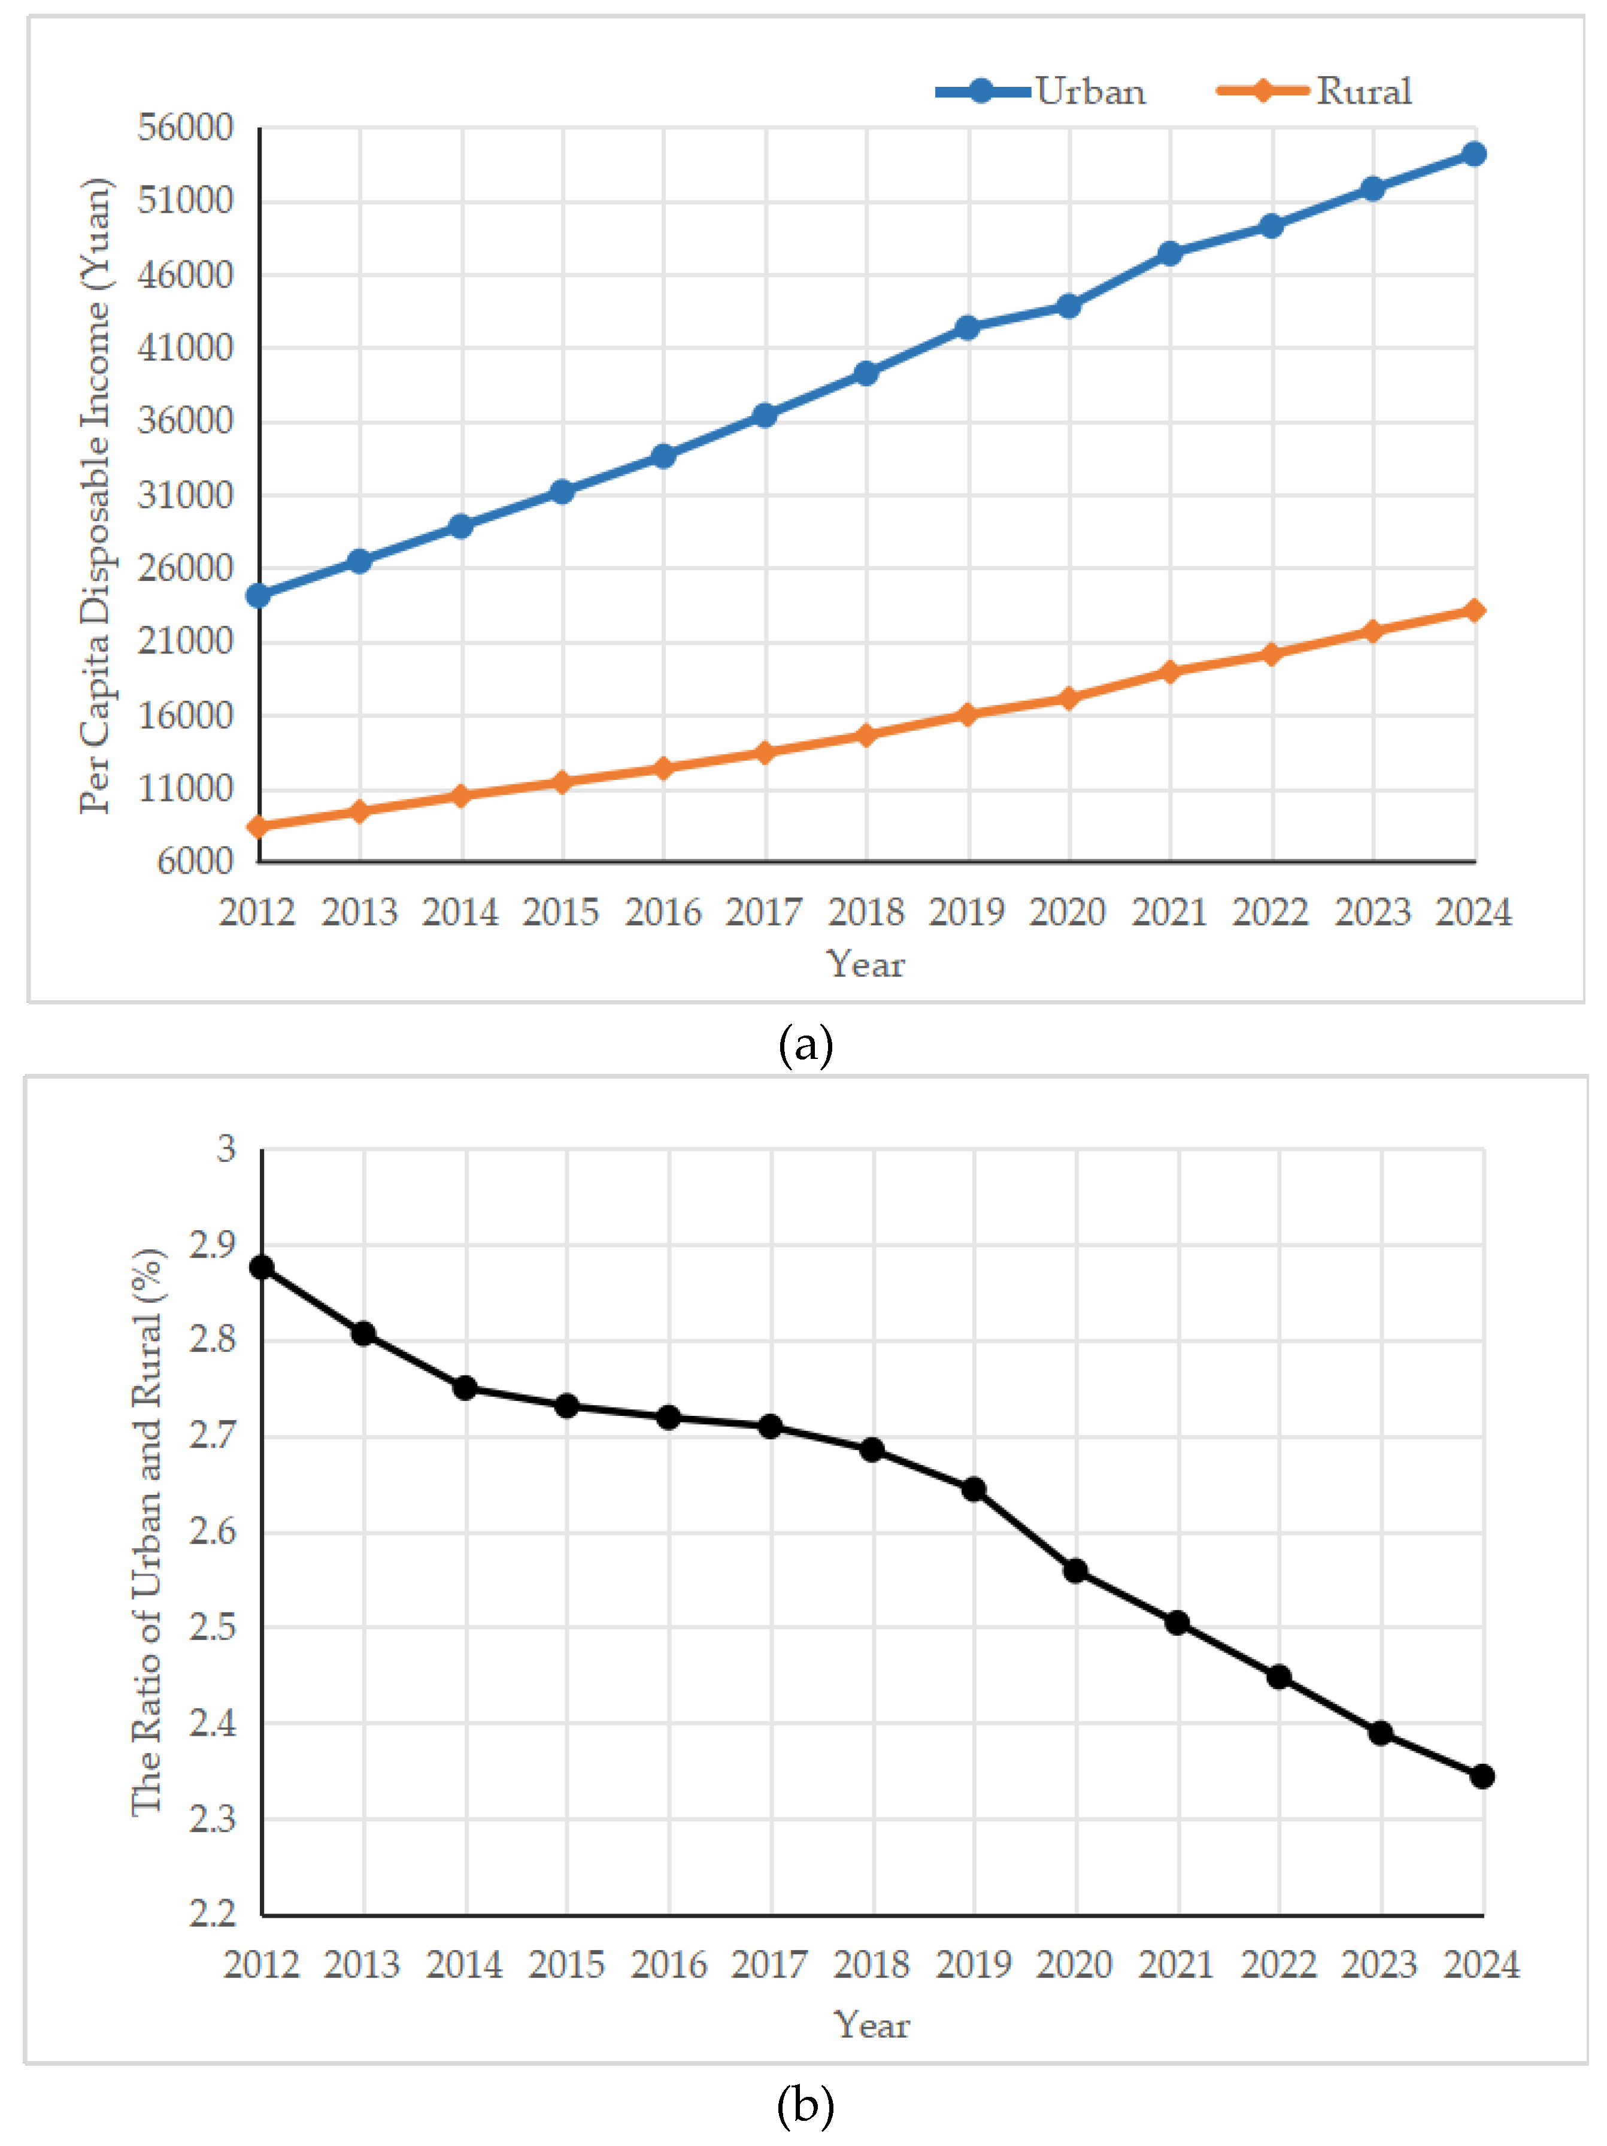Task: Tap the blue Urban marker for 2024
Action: pos(1473,155)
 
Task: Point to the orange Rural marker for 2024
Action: pos(1473,610)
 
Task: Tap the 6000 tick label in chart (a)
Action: pos(195,861)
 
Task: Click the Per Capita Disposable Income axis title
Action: pos(95,495)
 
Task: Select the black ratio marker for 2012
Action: pos(262,1267)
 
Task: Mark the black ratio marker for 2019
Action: pos(974,1489)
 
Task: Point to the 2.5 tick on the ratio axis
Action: pos(213,1627)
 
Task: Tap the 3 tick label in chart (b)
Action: pos(226,1149)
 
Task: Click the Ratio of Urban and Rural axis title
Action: pos(147,1532)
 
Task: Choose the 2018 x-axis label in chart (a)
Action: pos(865,912)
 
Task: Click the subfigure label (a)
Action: pos(805,1045)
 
